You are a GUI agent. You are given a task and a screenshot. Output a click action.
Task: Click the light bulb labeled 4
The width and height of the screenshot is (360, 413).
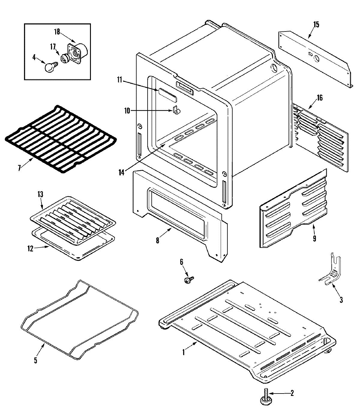(x=49, y=67)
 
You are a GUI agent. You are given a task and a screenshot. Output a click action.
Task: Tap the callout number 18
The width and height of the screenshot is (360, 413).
(x=57, y=31)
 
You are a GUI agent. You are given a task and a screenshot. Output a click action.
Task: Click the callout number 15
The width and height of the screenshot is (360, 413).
(x=316, y=25)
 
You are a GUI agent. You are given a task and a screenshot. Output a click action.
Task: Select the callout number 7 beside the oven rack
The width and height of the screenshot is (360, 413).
(x=19, y=168)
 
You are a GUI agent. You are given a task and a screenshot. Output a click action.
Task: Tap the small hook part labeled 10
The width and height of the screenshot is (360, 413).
(x=176, y=111)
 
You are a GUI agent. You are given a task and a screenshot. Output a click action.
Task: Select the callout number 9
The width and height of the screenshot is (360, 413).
(x=314, y=239)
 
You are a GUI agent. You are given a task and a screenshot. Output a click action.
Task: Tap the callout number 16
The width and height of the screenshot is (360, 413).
(x=320, y=98)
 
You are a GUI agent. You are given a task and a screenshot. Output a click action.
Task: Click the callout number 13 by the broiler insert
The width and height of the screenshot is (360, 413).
(x=40, y=194)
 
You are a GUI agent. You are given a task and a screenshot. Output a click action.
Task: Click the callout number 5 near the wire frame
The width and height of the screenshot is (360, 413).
(x=35, y=360)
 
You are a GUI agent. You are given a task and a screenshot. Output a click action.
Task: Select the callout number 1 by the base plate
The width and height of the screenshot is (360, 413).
(x=184, y=352)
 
